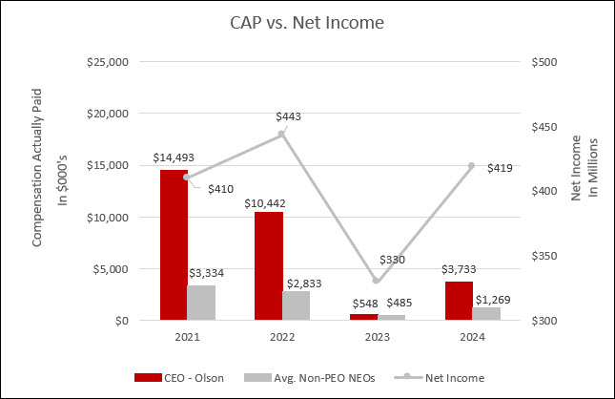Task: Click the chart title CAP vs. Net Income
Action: coord(307,21)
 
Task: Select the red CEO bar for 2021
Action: coord(174,245)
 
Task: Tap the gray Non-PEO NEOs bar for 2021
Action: coord(201,303)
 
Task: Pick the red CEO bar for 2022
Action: coord(269,266)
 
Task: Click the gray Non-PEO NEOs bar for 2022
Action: coord(297,305)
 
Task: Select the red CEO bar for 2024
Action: coord(459,301)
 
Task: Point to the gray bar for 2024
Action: coord(486,313)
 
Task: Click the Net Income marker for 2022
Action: coord(282,135)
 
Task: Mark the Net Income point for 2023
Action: coord(378,281)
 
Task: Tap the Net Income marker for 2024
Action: coord(472,166)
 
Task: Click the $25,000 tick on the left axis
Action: coord(107,62)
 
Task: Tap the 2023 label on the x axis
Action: coord(378,336)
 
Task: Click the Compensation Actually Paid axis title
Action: coord(38,191)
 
